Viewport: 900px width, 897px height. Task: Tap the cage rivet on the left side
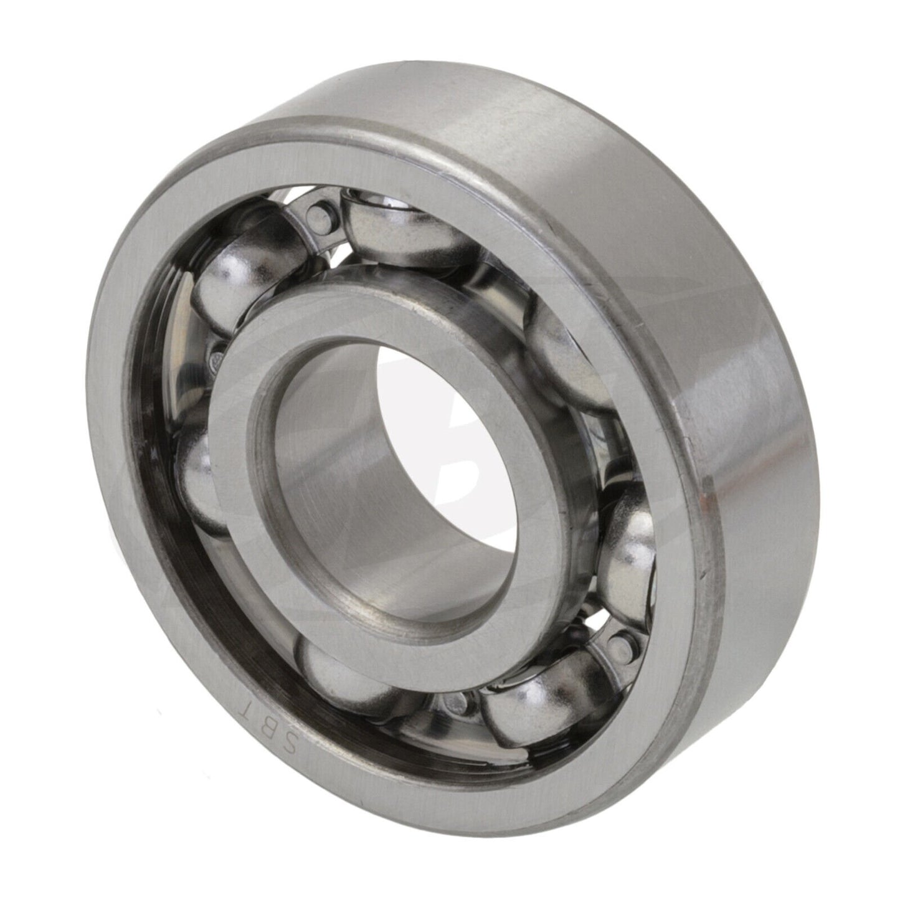coord(217,358)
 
